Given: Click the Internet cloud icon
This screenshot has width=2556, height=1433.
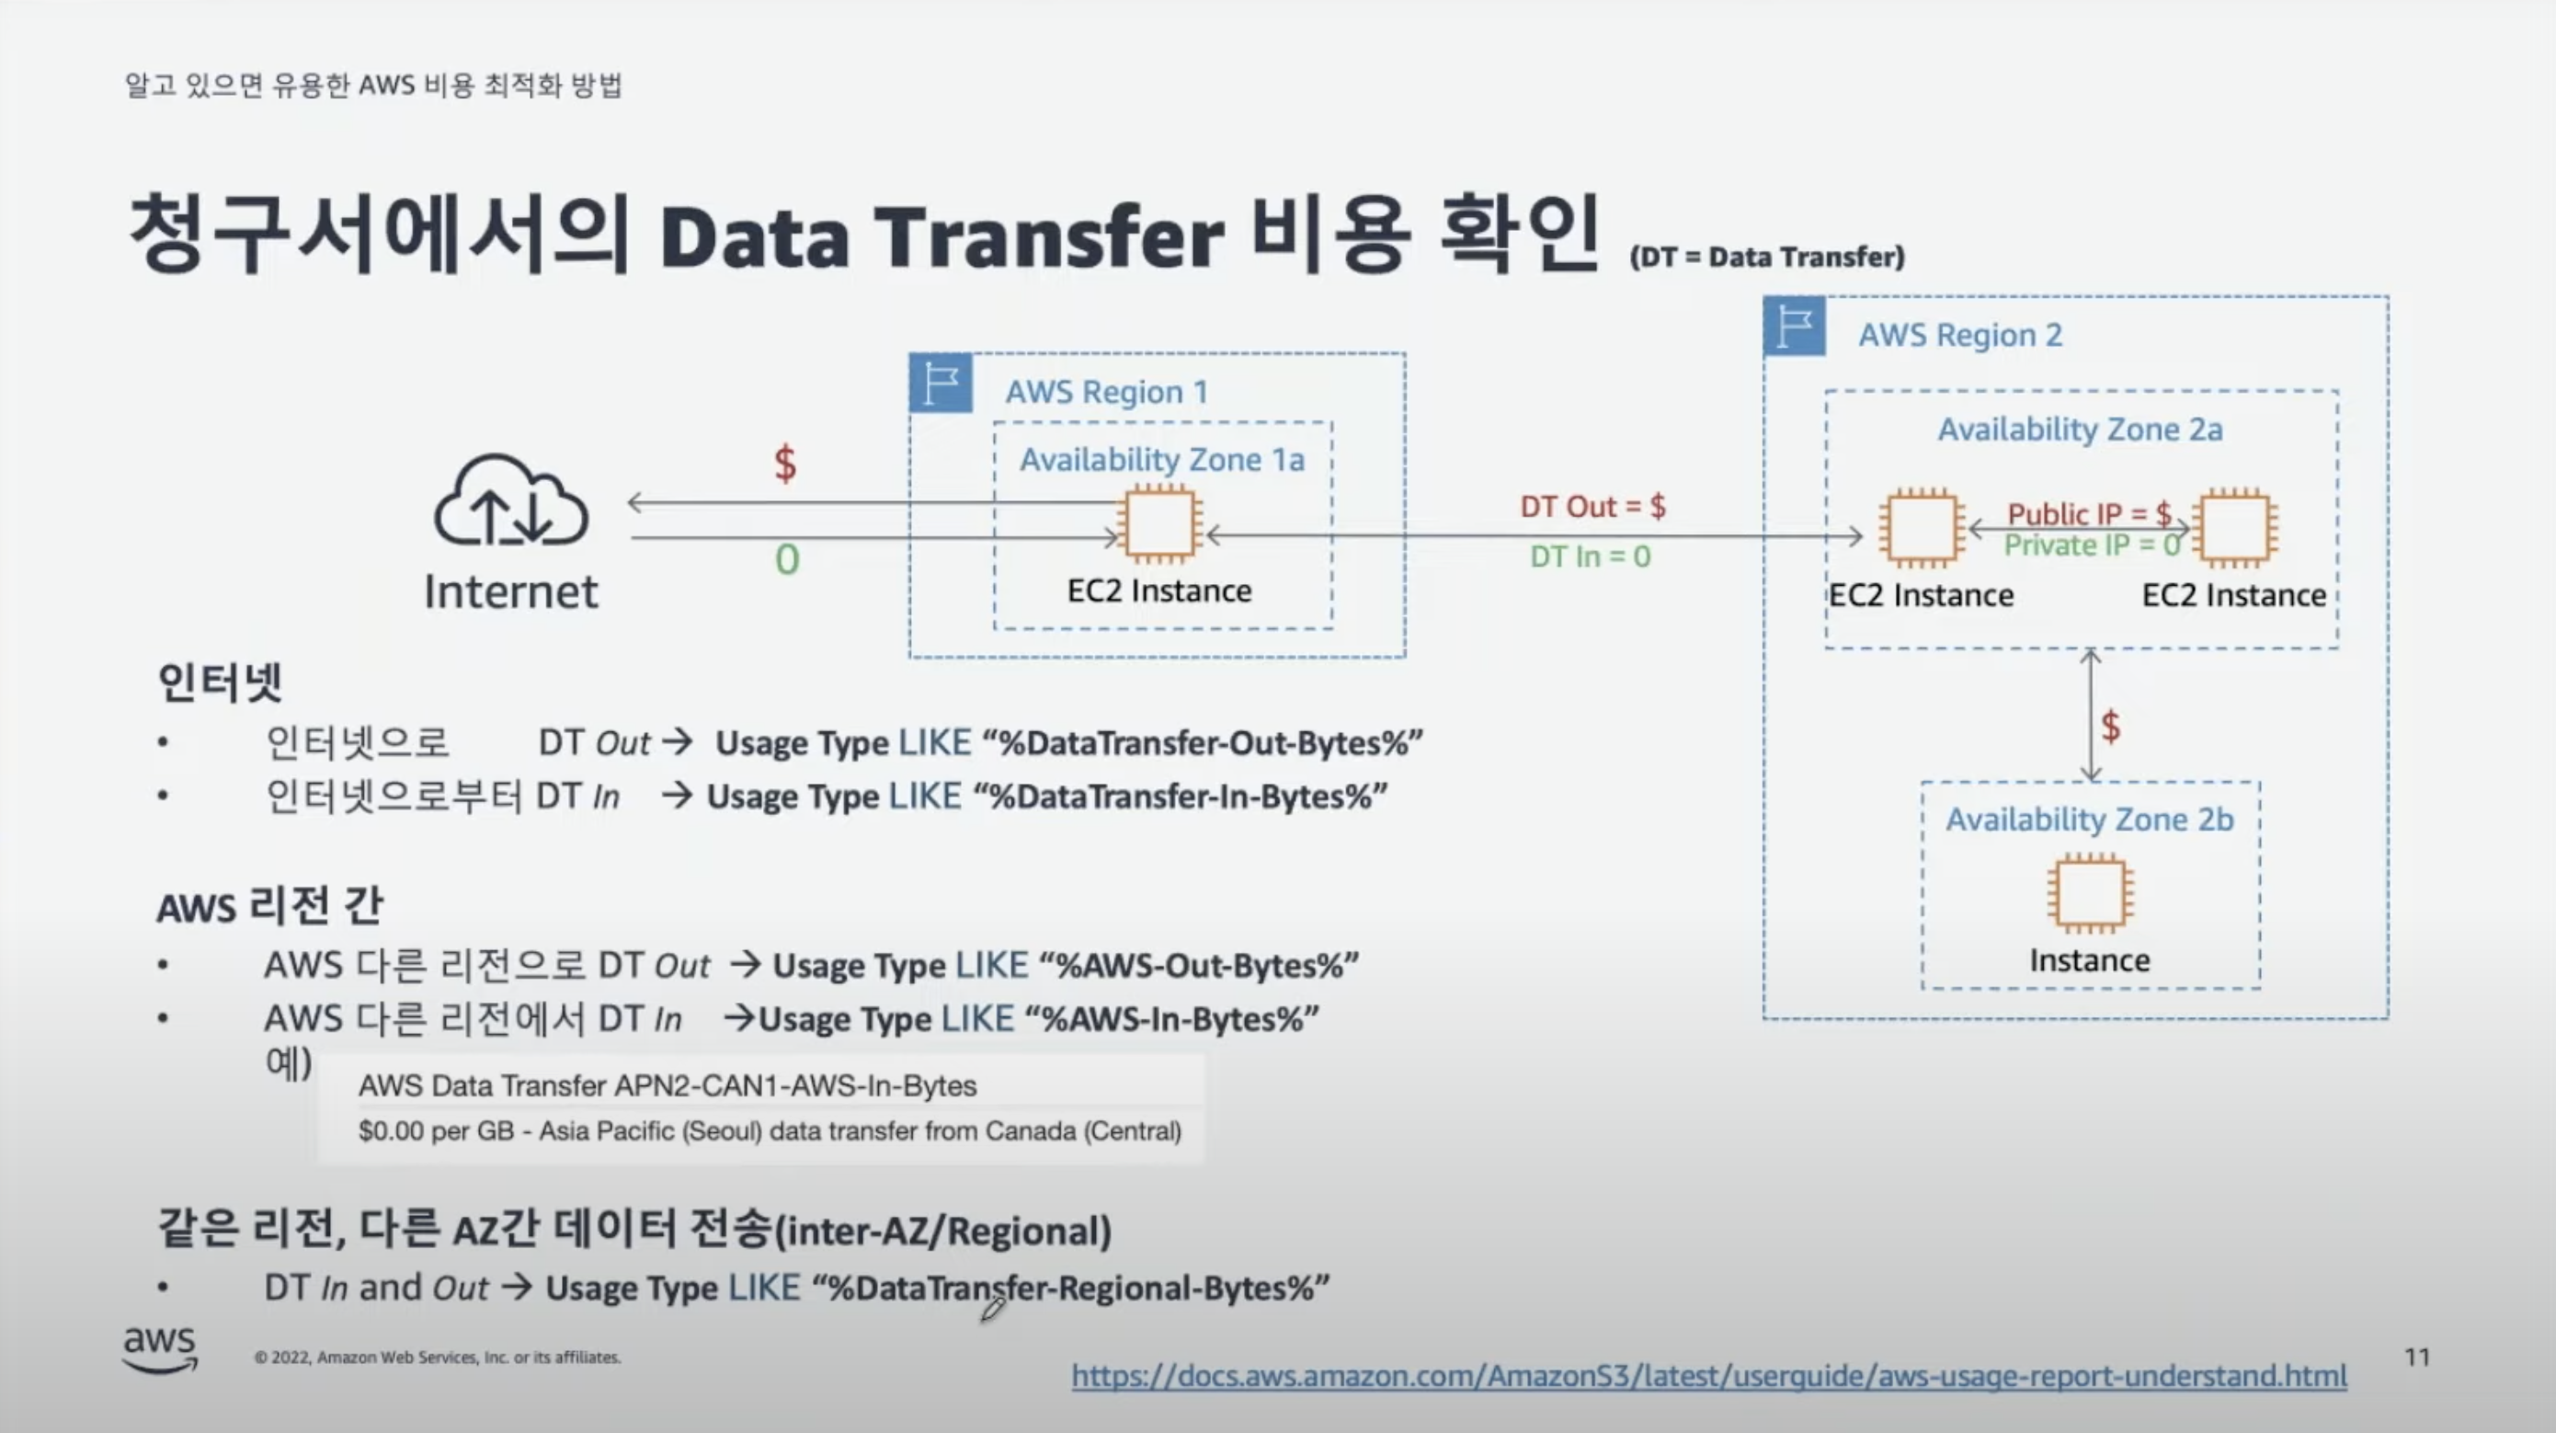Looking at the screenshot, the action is (x=511, y=501).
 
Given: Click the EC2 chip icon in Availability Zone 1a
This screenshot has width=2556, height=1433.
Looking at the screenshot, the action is (x=1158, y=524).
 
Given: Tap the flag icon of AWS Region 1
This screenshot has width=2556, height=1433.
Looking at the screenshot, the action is (x=941, y=383).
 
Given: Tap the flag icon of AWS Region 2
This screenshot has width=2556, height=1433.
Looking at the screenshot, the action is (x=1794, y=327).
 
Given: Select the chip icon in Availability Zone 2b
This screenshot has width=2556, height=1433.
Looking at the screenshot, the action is (x=2090, y=893).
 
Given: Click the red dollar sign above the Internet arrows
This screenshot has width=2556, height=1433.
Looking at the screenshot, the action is (x=785, y=464).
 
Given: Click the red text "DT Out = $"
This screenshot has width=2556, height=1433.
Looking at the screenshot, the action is (x=1592, y=507).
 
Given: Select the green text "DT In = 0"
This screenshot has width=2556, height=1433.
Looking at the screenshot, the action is (x=1590, y=556).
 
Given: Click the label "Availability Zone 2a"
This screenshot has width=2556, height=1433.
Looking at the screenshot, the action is (x=2080, y=430).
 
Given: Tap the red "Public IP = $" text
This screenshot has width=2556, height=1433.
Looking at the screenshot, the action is (x=2088, y=513).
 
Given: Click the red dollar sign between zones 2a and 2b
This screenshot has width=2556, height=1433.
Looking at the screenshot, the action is (x=2110, y=727).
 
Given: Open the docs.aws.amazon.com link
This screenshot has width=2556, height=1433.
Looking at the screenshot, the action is (x=1708, y=1375).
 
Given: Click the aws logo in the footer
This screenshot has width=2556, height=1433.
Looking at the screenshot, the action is (x=160, y=1348).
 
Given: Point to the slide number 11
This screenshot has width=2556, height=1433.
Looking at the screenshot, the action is (x=2417, y=1357).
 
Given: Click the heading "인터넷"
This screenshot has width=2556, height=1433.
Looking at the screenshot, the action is (x=221, y=682).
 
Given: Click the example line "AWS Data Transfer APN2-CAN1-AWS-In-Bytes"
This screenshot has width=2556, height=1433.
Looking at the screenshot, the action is (x=667, y=1085).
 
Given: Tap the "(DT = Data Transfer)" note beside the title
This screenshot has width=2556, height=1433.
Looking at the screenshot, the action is (x=1766, y=257).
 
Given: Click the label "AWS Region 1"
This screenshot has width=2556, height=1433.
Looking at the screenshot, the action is (x=1106, y=392).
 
